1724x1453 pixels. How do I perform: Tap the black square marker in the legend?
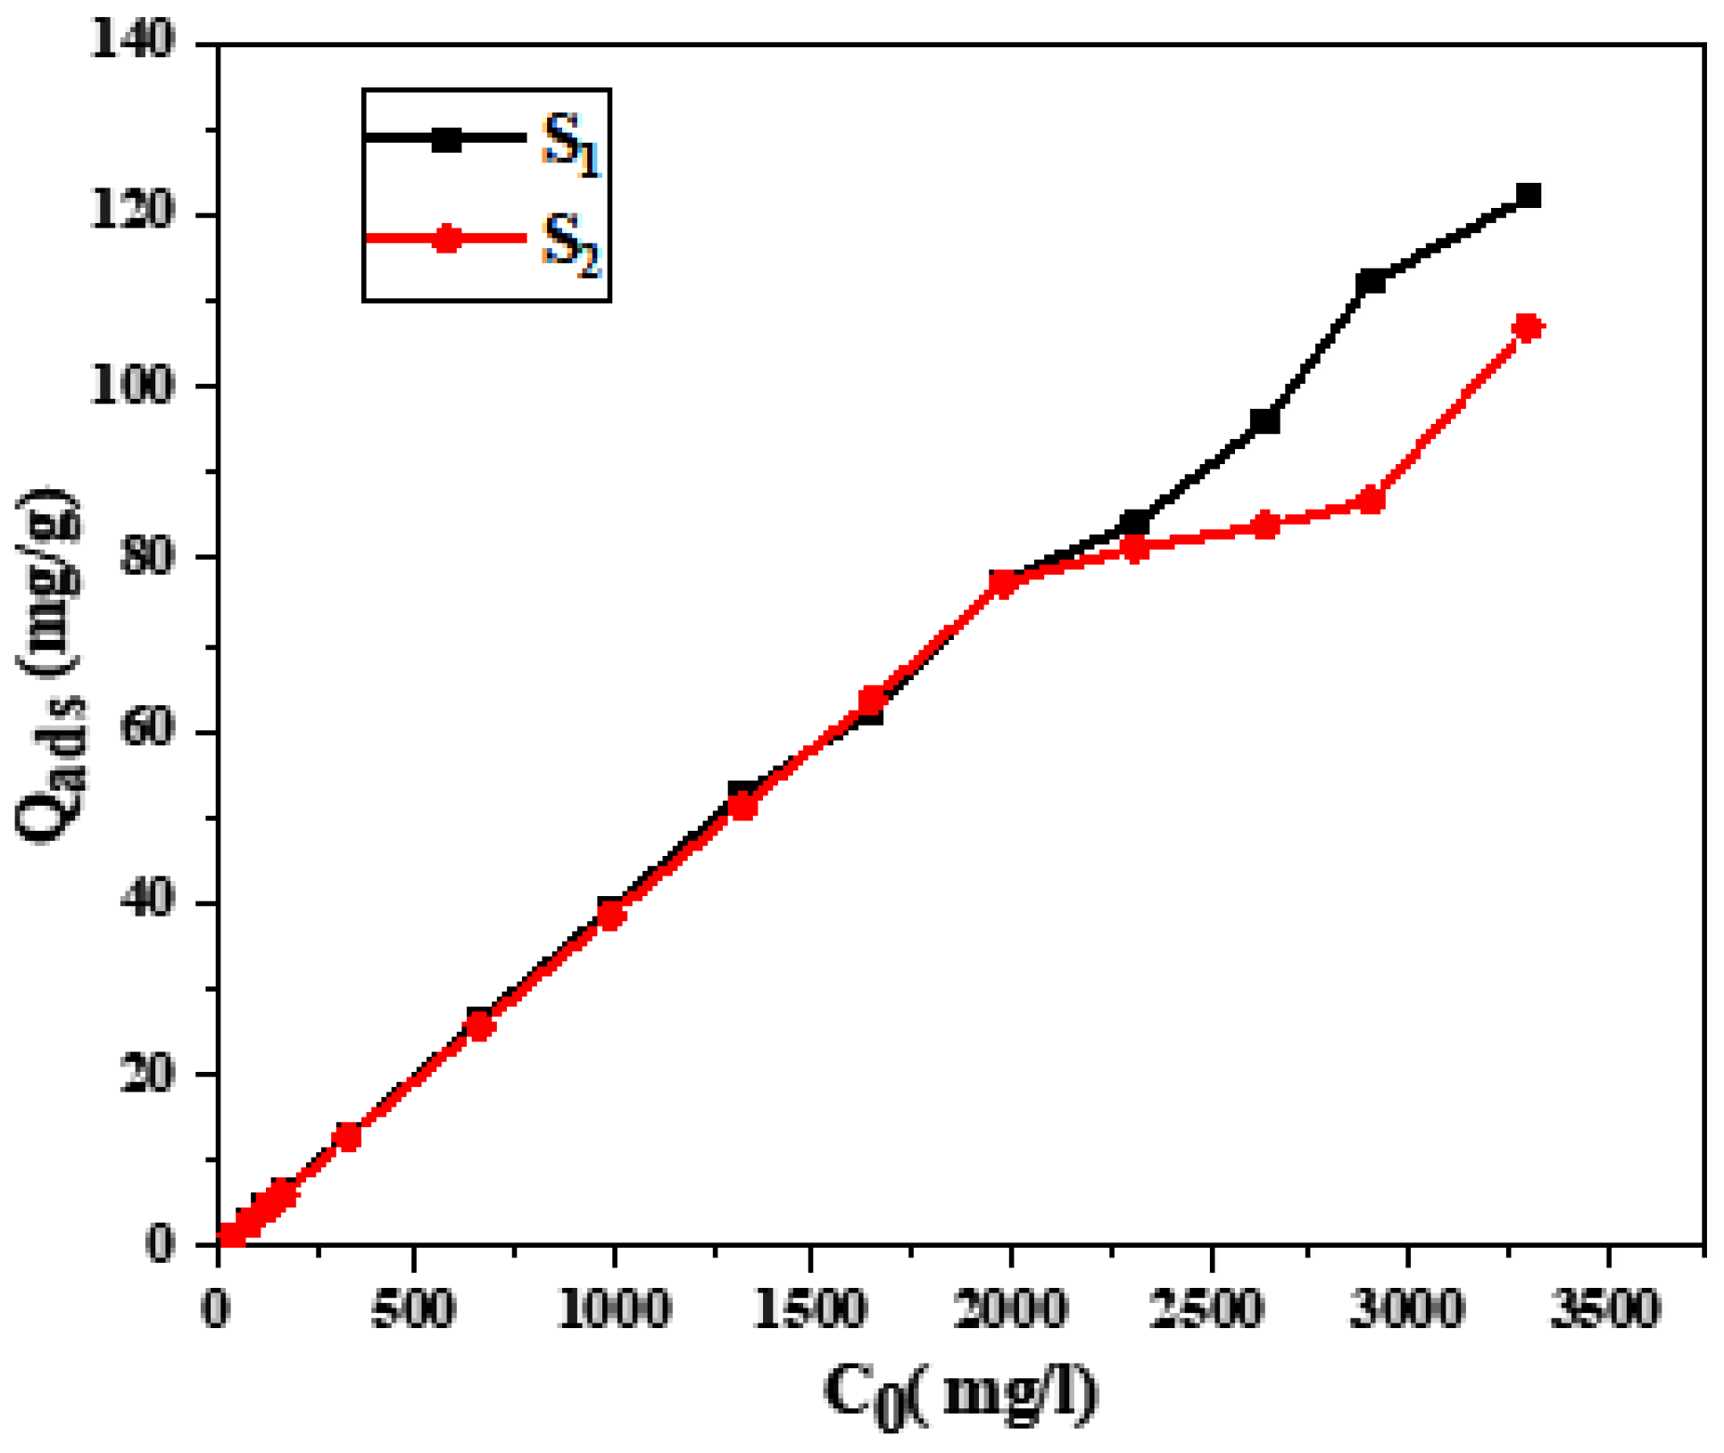tap(446, 138)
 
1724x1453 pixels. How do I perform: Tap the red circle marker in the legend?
tap(446, 238)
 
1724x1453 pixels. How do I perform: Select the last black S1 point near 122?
tap(1529, 195)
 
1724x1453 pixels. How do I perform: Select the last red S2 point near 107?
tap(1529, 328)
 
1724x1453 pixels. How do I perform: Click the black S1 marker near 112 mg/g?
tap(1371, 282)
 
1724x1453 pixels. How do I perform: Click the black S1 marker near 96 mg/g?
tap(1265, 420)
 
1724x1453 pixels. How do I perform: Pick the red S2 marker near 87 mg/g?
tap(1371, 501)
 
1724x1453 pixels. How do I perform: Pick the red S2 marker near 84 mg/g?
tap(1265, 525)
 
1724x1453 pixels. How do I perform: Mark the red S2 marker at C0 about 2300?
tap(1135, 548)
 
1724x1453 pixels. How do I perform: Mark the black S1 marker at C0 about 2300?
tap(1135, 521)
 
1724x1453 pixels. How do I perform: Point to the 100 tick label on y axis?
tap(132, 387)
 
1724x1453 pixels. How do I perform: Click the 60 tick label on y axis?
tap(147, 732)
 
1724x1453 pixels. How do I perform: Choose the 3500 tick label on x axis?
tap(1605, 1309)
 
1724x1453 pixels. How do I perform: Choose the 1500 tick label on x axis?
tap(810, 1309)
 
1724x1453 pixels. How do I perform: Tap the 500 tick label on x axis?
tap(413, 1309)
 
